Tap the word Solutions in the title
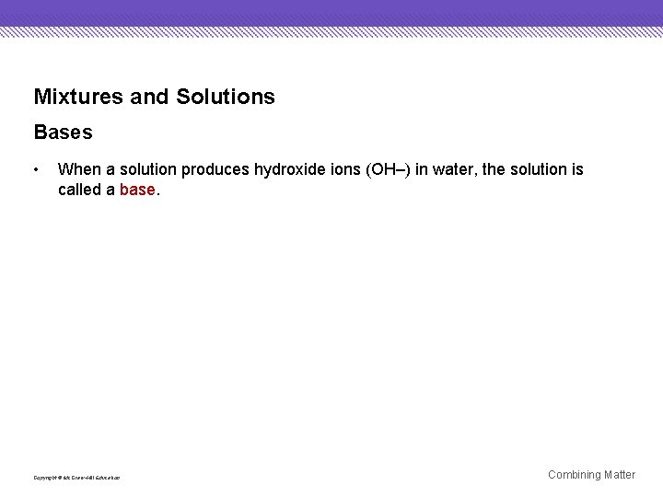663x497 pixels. click(226, 97)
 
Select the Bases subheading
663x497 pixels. click(63, 133)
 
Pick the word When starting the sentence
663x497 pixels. click(77, 169)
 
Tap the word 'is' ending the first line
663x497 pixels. click(577, 169)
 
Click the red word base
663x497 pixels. click(137, 190)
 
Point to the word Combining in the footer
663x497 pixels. click(575, 475)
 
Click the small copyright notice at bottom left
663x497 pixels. click(76, 478)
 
